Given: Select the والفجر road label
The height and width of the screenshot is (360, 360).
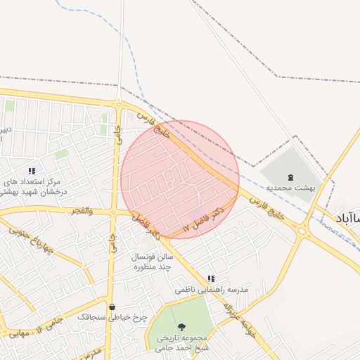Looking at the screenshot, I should [x=82, y=211].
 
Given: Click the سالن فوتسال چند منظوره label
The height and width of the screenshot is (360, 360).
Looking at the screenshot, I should [x=150, y=262].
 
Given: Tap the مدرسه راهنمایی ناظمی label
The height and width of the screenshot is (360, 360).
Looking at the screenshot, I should [x=212, y=290].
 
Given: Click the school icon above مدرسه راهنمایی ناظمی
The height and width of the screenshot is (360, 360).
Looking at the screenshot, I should [x=212, y=278].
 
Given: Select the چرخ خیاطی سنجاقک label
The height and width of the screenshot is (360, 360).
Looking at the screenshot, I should [x=112, y=317].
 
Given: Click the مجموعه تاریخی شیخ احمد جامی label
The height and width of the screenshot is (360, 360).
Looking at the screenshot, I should [x=181, y=342].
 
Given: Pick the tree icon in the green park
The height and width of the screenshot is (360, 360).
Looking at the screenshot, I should [x=182, y=327].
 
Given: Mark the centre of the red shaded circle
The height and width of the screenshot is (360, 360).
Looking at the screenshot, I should [x=180, y=179].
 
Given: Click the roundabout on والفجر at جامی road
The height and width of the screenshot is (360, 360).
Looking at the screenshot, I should [x=112, y=212].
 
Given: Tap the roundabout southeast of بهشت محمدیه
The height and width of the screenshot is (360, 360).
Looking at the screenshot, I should [x=303, y=230].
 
